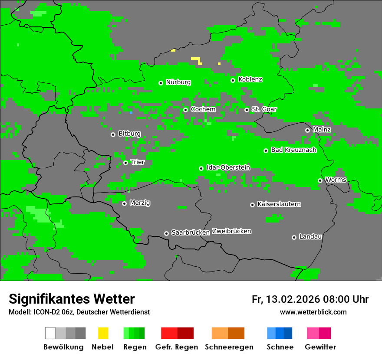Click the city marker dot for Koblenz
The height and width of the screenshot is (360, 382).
(x=233, y=80)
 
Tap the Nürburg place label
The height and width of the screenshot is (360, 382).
(x=178, y=82)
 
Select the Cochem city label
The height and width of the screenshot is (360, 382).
(x=203, y=109)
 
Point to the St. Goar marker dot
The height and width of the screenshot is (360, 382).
(x=247, y=110)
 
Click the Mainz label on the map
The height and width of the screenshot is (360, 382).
(x=322, y=130)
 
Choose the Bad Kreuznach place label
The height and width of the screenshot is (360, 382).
(x=293, y=150)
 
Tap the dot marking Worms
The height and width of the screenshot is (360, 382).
(x=320, y=180)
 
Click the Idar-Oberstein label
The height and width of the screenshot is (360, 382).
(x=228, y=167)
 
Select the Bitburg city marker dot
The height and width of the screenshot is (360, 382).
(x=113, y=134)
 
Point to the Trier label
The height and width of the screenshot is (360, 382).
(x=138, y=162)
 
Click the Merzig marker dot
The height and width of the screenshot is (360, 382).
(x=124, y=203)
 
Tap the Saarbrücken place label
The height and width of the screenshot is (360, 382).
(x=191, y=233)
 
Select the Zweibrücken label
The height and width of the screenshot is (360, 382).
(x=231, y=231)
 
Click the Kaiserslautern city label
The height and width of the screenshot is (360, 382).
(x=279, y=204)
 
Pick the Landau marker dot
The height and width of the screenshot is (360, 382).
(x=294, y=237)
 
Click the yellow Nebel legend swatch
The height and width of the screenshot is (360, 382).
(x=103, y=333)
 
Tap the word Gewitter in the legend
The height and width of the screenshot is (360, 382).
(x=320, y=347)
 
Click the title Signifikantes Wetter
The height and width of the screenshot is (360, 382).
(x=72, y=299)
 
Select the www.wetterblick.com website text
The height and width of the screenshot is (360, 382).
(x=313, y=312)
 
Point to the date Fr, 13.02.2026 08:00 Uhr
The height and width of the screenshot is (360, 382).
(x=310, y=299)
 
